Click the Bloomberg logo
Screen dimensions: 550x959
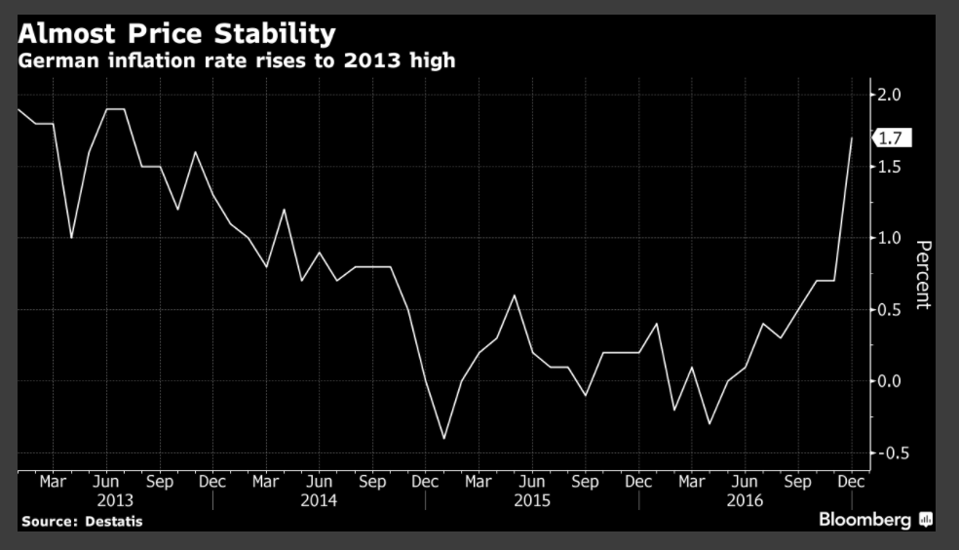tap(873, 520)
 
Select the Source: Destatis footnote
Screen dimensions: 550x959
tap(82, 522)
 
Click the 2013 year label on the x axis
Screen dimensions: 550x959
tap(107, 501)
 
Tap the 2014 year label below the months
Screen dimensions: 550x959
tap(319, 501)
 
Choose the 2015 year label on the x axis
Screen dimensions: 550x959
tap(531, 501)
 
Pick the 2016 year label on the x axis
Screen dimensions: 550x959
tap(745, 501)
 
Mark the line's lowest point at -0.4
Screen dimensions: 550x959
tap(443, 439)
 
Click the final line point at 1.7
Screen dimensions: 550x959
tap(852, 138)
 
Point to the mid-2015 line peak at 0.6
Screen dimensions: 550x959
tap(515, 295)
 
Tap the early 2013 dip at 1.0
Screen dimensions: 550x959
tap(71, 238)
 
